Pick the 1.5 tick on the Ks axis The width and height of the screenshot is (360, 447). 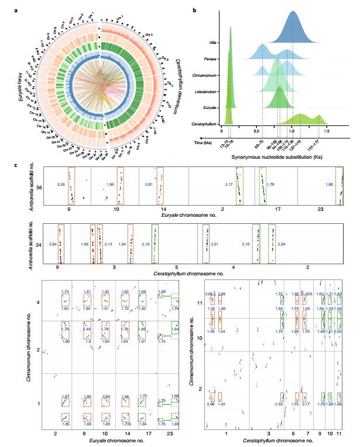click(x=328, y=131)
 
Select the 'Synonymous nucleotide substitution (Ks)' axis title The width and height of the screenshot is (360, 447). click(x=275, y=157)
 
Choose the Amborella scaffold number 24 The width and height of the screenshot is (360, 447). click(x=38, y=244)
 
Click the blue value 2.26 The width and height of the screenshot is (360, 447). click(x=60, y=185)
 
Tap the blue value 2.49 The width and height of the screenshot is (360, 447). click(x=87, y=329)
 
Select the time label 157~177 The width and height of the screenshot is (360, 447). click(x=321, y=143)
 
